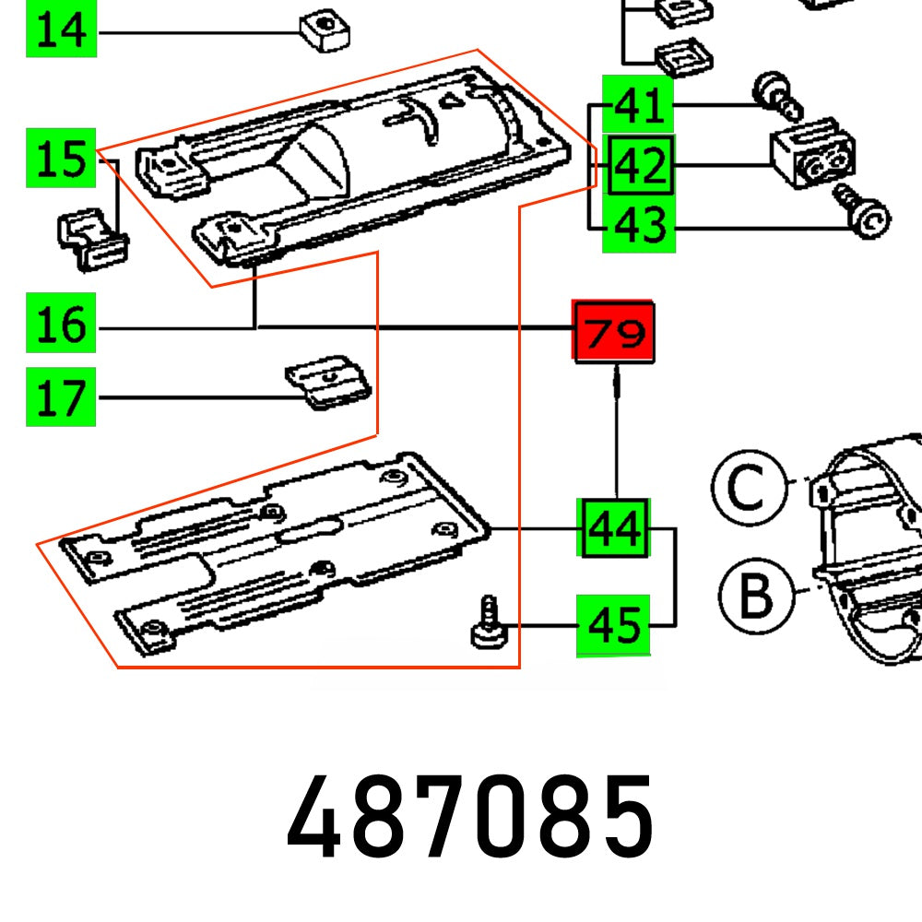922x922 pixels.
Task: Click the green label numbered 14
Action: pyautogui.click(x=62, y=31)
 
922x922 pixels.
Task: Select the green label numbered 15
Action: pyautogui.click(x=62, y=159)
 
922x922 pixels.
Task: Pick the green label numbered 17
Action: pyautogui.click(x=62, y=397)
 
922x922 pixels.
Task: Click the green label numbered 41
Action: pyautogui.click(x=638, y=104)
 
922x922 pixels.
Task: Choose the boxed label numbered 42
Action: pyautogui.click(x=639, y=167)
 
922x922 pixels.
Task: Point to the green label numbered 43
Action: pyautogui.click(x=639, y=224)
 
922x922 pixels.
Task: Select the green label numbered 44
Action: pyautogui.click(x=614, y=528)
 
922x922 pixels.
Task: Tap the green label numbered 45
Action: pyautogui.click(x=613, y=626)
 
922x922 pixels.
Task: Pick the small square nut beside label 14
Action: pyautogui.click(x=325, y=33)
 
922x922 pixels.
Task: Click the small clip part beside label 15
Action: pyautogui.click(x=93, y=237)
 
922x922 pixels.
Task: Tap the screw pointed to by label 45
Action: pyautogui.click(x=489, y=624)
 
